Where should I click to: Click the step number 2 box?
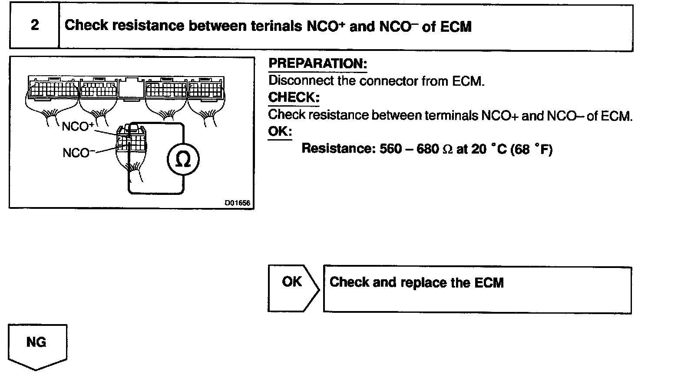click(34, 25)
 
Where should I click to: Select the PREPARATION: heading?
click(317, 64)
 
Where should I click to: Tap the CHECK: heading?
click(294, 97)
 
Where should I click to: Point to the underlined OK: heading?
click(280, 131)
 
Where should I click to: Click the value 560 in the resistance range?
click(390, 149)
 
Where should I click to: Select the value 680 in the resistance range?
click(427, 149)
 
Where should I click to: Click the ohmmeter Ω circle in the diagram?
click(184, 160)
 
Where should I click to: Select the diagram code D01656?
click(238, 203)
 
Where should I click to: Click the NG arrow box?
click(37, 346)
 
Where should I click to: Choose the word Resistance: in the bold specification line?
click(337, 149)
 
